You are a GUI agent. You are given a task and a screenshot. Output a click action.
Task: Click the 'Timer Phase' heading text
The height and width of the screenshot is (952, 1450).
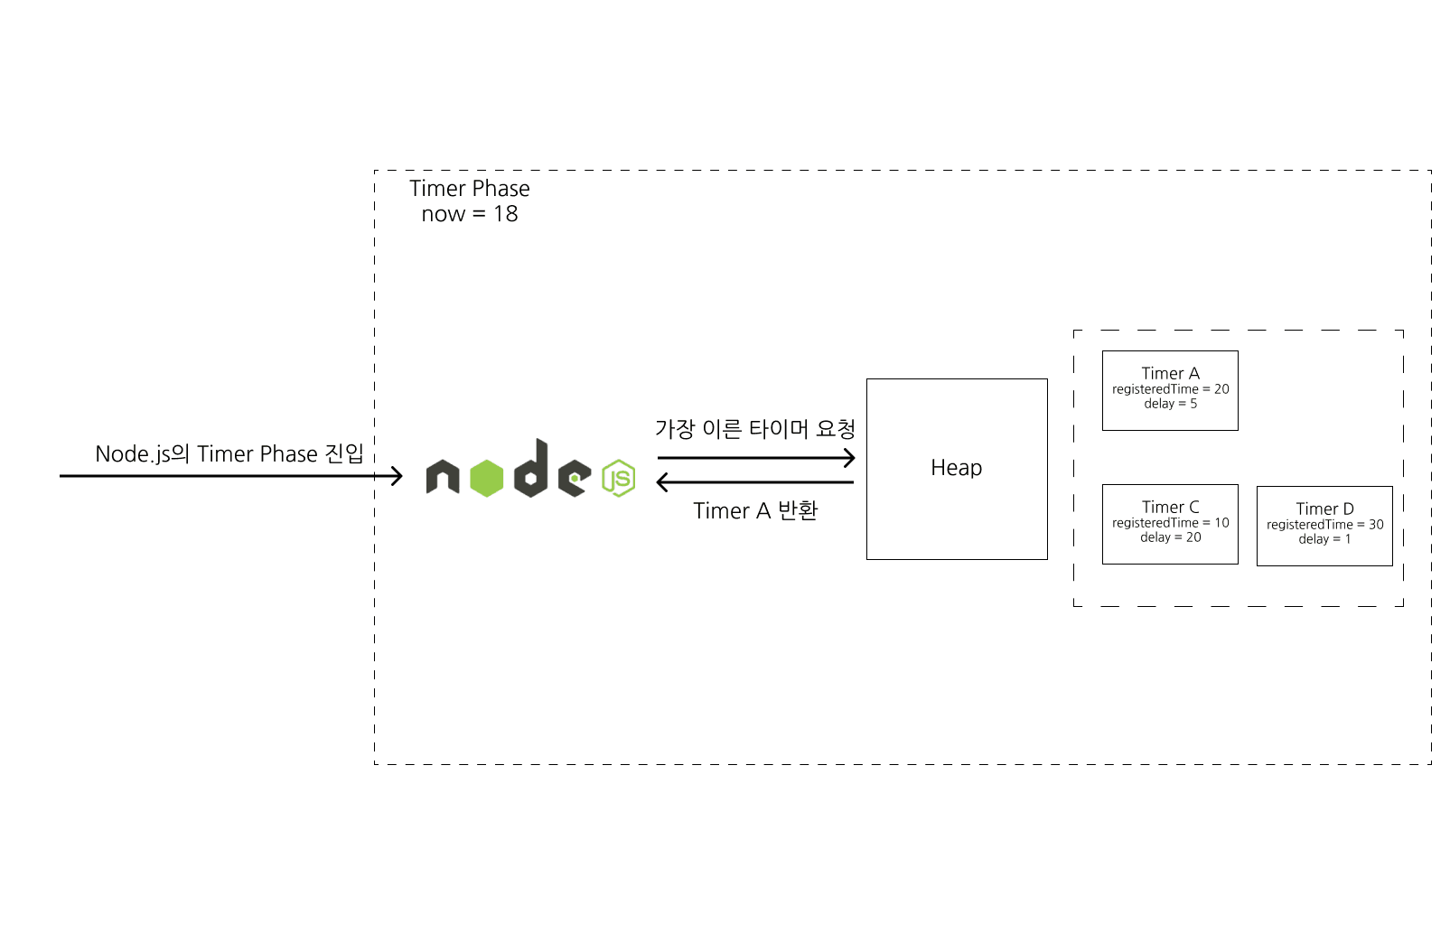469,189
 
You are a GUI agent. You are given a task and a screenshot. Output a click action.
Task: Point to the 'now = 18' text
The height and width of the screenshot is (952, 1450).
469,214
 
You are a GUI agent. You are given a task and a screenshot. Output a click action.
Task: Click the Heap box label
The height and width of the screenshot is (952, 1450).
956,468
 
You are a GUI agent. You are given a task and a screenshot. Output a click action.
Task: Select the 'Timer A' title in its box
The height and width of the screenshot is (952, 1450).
1170,374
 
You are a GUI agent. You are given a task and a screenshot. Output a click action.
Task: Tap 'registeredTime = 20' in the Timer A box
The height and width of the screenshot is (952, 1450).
1170,389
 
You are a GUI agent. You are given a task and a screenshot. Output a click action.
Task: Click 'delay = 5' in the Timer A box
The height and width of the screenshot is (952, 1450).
1170,404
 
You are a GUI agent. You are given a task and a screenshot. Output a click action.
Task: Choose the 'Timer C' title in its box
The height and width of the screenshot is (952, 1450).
1170,508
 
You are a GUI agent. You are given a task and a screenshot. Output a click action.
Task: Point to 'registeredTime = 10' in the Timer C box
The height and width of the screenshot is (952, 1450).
1170,523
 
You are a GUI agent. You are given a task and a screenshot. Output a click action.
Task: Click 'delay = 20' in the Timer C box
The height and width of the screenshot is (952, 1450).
1170,537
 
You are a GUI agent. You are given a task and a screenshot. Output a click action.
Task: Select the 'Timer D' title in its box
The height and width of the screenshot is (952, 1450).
1324,509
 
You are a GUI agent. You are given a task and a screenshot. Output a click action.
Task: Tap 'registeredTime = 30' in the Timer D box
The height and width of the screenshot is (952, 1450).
1324,525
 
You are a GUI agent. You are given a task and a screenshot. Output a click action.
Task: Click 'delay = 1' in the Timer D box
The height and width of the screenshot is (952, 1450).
1324,539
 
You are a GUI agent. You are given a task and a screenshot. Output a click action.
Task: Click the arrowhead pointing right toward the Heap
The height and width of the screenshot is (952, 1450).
848,458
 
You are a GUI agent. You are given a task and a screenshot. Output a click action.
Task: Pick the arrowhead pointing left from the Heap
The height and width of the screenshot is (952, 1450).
663,482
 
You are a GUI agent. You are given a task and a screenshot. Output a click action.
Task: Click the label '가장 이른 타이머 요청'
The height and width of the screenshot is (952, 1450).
754,429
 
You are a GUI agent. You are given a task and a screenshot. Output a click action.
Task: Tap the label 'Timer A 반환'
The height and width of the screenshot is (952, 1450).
755,511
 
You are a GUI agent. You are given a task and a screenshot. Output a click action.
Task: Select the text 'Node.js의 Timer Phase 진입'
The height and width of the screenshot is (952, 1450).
229,453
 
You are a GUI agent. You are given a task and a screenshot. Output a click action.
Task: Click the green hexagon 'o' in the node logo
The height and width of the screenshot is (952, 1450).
486,479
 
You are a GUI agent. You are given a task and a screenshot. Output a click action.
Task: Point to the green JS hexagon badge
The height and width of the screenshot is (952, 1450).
619,478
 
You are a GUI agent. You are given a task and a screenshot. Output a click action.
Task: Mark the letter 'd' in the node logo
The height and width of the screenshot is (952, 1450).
532,470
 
